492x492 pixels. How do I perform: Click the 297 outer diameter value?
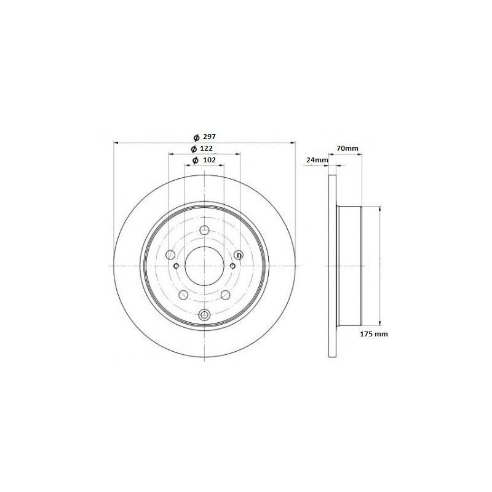pyautogui.click(x=209, y=137)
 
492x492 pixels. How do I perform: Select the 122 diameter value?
pyautogui.click(x=206, y=148)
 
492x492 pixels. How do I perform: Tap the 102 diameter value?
pyautogui.click(x=210, y=160)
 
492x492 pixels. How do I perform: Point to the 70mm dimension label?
pyautogui.click(x=347, y=148)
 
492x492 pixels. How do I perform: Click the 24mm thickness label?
pyautogui.click(x=317, y=160)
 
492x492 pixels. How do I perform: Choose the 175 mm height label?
pyautogui.click(x=374, y=334)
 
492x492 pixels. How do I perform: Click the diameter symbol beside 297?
pyautogui.click(x=196, y=137)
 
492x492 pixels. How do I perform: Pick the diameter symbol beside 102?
pyautogui.click(x=195, y=161)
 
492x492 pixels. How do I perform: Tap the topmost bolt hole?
pyautogui.click(x=204, y=230)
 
